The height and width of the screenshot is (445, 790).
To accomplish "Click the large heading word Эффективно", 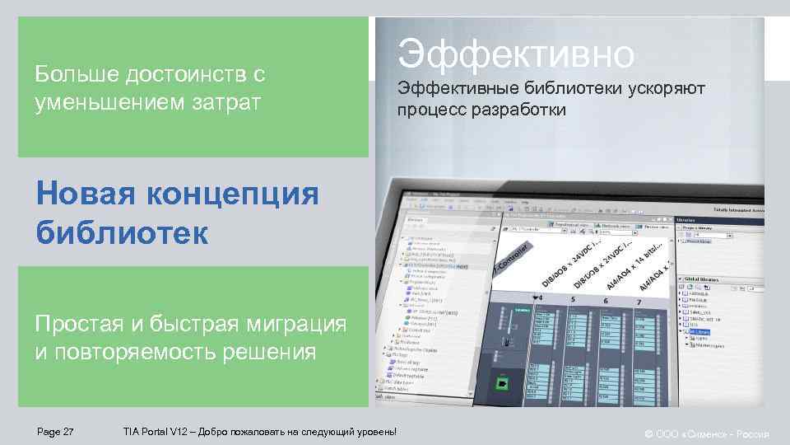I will coord(517,54).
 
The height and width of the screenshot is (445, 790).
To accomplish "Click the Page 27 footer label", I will coord(56,432).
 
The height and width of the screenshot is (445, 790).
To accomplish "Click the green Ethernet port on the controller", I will coord(500,383).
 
